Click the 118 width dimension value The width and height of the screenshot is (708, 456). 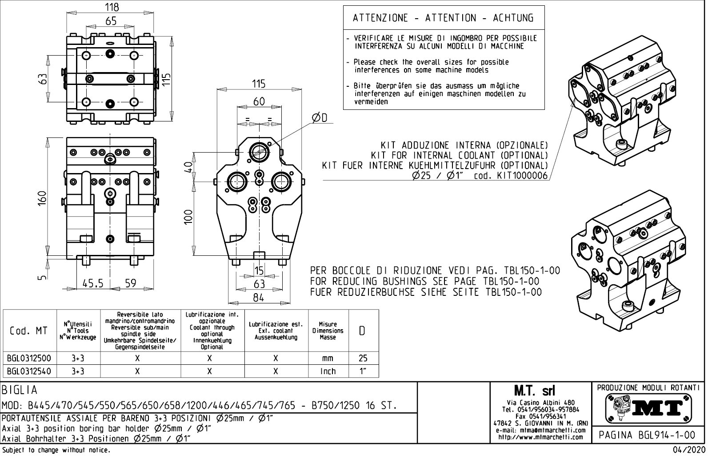click(x=111, y=8)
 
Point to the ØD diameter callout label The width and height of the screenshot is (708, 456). click(x=319, y=117)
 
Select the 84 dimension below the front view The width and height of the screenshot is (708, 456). click(x=259, y=298)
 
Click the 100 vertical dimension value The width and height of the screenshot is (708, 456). click(x=188, y=217)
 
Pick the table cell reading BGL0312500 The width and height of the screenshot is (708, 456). click(x=29, y=359)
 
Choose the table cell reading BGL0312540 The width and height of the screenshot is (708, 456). click(x=29, y=371)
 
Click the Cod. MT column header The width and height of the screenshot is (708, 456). click(x=29, y=331)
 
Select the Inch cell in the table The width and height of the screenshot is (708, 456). click(x=328, y=371)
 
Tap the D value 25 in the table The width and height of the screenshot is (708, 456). click(x=363, y=359)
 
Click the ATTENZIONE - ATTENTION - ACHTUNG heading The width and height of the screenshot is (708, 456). click(x=443, y=18)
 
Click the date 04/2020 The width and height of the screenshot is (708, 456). click(x=689, y=450)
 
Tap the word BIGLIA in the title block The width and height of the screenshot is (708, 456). click(x=20, y=390)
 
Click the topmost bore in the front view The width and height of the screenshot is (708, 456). click(x=259, y=151)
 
